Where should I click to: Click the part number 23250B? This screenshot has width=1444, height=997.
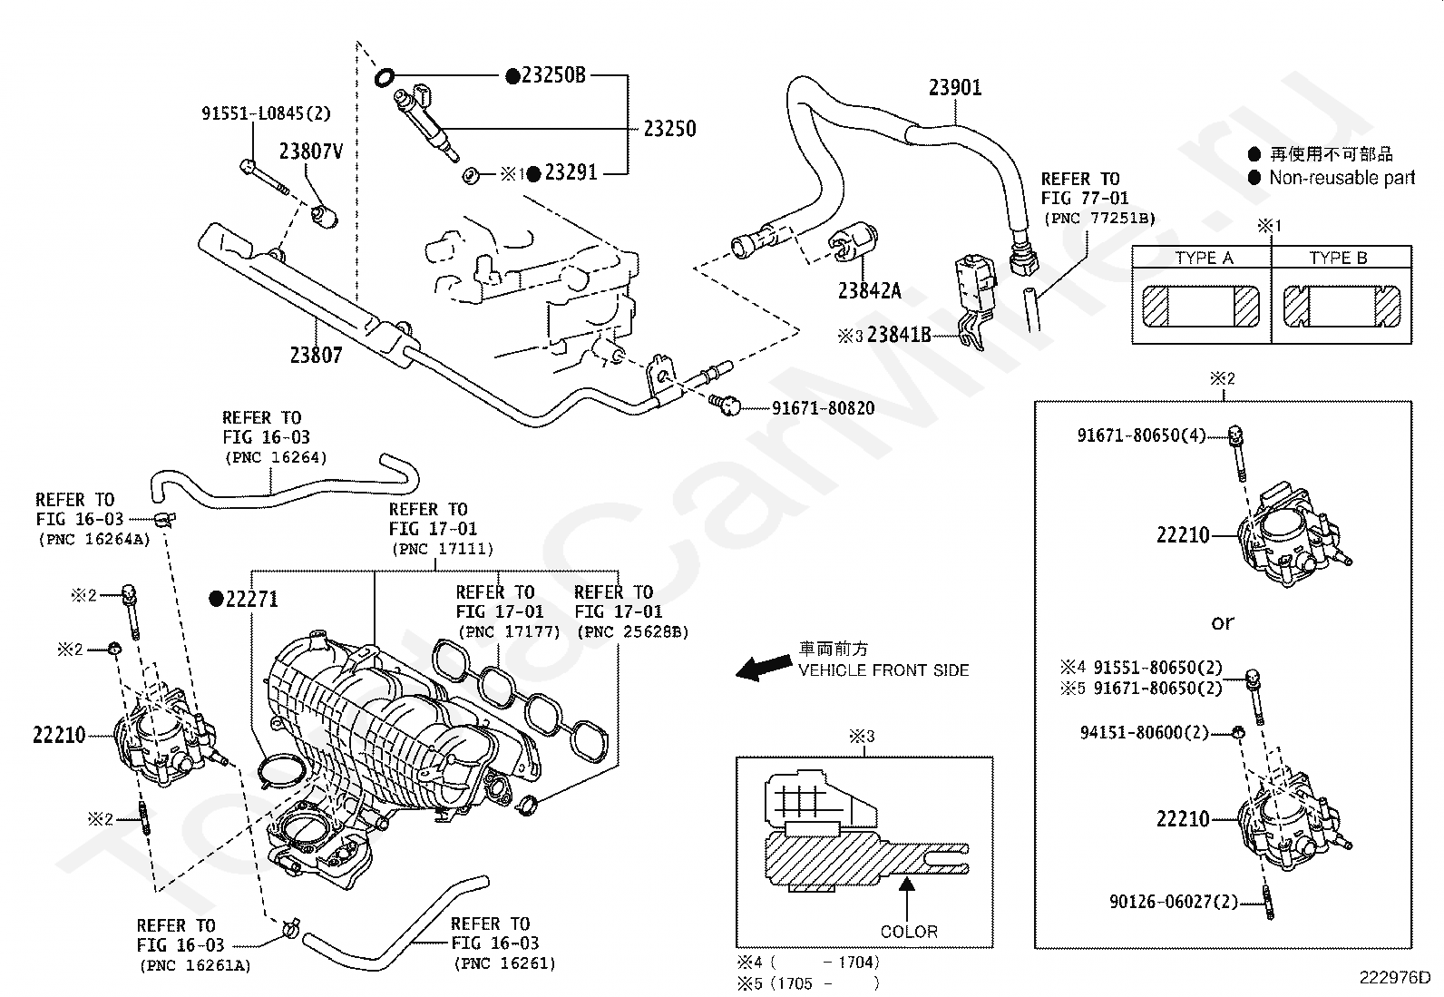click(x=554, y=75)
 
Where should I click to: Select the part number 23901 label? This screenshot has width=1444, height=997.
click(x=955, y=88)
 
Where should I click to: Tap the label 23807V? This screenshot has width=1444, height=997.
click(x=311, y=152)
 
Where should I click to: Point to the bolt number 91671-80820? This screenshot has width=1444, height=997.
click(x=824, y=408)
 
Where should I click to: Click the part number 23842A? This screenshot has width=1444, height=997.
click(x=869, y=291)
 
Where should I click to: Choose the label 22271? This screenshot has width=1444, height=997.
click(x=252, y=600)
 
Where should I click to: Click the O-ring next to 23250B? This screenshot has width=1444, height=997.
click(x=384, y=78)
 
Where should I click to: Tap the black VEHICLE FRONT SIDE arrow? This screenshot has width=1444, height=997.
click(x=764, y=668)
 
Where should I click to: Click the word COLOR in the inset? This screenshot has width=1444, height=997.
click(x=909, y=931)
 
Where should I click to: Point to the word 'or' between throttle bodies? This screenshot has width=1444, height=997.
click(x=1223, y=623)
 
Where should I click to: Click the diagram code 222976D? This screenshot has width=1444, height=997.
click(x=1395, y=978)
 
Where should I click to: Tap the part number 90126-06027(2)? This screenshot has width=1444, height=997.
click(x=1174, y=902)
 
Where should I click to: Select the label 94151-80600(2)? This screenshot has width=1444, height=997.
click(x=1145, y=733)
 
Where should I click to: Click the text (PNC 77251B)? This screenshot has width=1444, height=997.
click(x=1099, y=218)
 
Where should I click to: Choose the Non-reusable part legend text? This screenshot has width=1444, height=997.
click(x=1342, y=177)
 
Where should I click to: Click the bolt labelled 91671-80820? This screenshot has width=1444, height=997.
click(x=725, y=405)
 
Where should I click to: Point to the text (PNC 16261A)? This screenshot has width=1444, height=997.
click(x=195, y=965)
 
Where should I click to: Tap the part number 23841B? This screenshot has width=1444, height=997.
click(x=899, y=335)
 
